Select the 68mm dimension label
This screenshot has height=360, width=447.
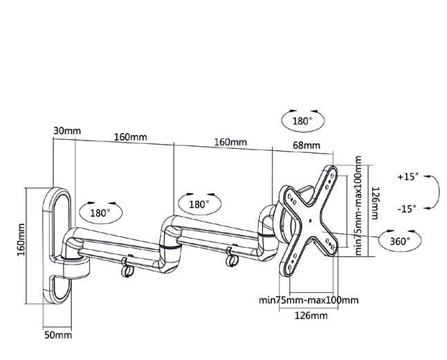[307, 145]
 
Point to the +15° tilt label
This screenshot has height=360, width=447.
[408, 177]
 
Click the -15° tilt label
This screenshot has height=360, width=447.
[408, 208]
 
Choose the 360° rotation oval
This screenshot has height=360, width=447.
[399, 241]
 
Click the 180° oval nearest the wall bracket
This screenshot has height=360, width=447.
[100, 213]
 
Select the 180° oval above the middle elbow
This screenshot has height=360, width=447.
[199, 204]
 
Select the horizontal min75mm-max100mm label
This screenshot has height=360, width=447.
[309, 300]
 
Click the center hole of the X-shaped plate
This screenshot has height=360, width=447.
[311, 222]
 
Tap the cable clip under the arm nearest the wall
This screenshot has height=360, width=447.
[126, 267]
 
